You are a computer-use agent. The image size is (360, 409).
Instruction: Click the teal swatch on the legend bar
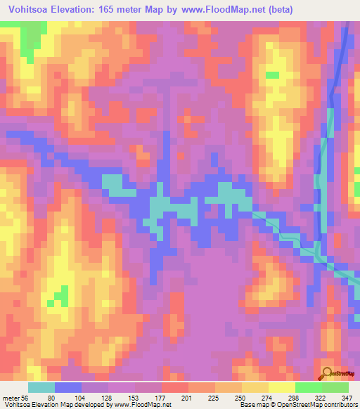[41, 387]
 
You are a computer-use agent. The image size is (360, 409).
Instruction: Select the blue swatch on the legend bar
[68, 387]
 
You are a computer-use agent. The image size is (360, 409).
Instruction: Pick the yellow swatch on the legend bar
[281, 387]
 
